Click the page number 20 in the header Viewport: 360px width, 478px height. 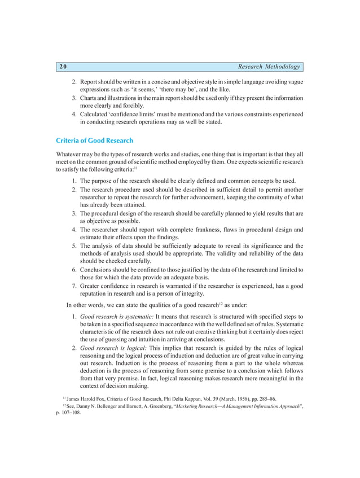pos(63,67)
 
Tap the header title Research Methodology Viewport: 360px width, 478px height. pos(269,67)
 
